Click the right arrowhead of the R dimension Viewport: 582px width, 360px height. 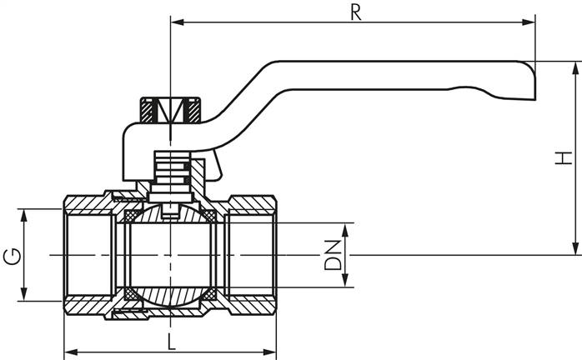coord(529,21)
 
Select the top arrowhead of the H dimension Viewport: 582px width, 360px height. coord(574,67)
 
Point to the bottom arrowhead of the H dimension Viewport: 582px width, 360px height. coord(574,249)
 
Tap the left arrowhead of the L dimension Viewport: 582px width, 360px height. coord(70,350)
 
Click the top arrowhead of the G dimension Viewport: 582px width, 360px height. coord(25,214)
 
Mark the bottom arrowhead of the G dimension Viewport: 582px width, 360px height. coord(25,295)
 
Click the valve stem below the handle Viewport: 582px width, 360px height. coord(170,171)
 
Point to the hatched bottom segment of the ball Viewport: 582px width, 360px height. coord(170,297)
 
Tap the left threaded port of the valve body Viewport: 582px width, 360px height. coord(88,254)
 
